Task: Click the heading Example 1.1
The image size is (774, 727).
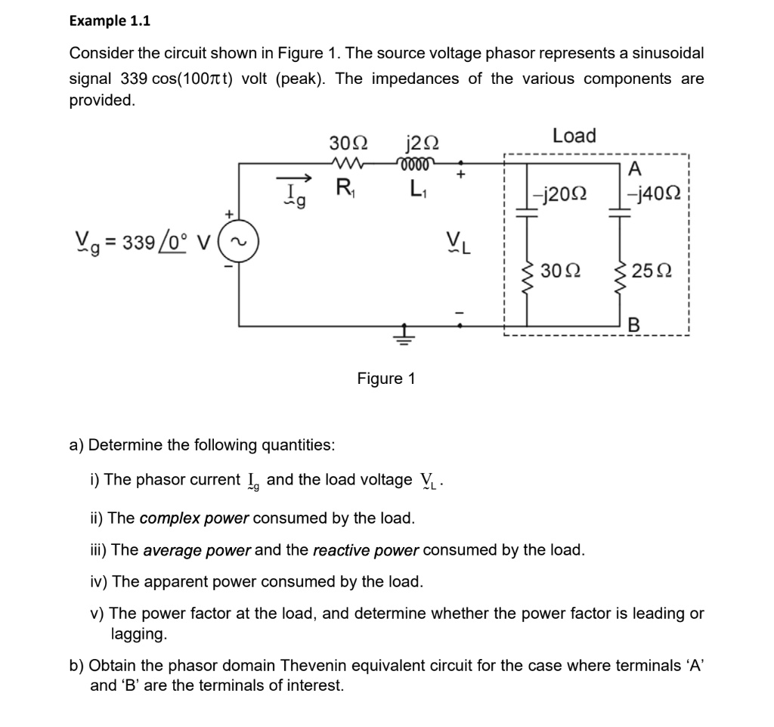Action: (x=110, y=21)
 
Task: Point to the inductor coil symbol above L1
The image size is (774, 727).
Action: (x=417, y=162)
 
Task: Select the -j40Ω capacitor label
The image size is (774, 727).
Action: (x=654, y=193)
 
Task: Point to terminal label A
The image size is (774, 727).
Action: (x=635, y=168)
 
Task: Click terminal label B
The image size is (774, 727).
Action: (x=634, y=325)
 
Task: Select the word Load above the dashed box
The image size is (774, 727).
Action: (x=574, y=136)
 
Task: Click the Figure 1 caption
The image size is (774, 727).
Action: (x=386, y=379)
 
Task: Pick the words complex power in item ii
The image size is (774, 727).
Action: (x=194, y=518)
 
